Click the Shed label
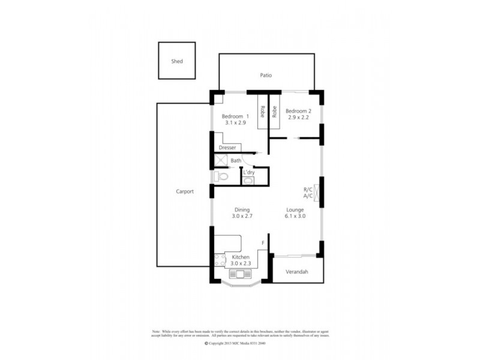point(177,61)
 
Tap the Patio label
point(266,76)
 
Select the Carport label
point(184,191)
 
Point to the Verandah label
point(296,272)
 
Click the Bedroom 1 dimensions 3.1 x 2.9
point(234,122)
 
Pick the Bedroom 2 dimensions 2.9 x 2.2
point(298,118)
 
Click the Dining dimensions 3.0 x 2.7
point(242,216)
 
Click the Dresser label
point(227,147)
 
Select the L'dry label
point(248,173)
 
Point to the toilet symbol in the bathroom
point(220,176)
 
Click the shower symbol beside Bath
point(221,161)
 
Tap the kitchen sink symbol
point(241,275)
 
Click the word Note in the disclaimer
point(157,331)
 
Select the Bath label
point(236,160)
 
